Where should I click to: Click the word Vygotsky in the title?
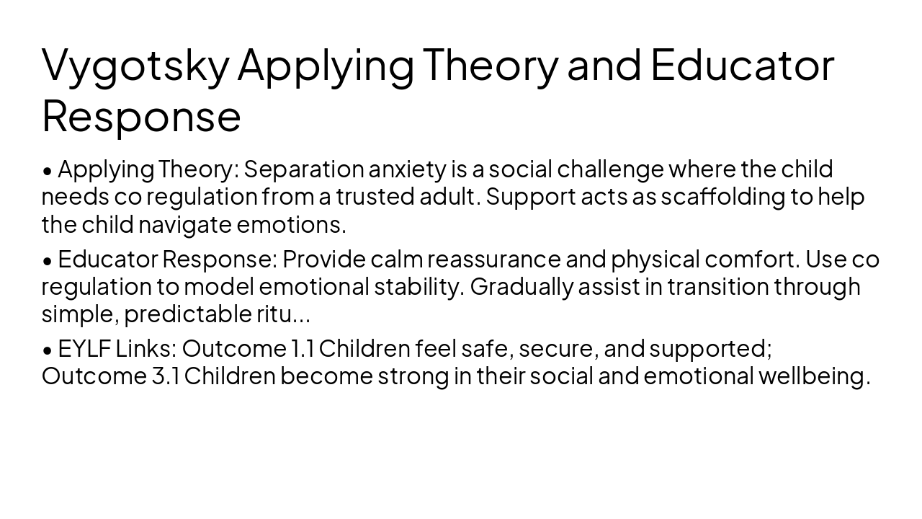tap(135, 65)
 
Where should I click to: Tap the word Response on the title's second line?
tap(141, 115)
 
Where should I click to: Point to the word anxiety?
tap(408, 169)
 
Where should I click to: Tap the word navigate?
tap(185, 224)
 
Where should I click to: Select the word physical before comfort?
tap(655, 258)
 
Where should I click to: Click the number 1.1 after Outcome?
tap(302, 348)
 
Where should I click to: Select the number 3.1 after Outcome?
tap(166, 376)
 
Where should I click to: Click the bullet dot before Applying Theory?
tap(48, 171)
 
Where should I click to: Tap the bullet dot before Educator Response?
tap(48, 260)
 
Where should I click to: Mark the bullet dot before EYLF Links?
tap(48, 350)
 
